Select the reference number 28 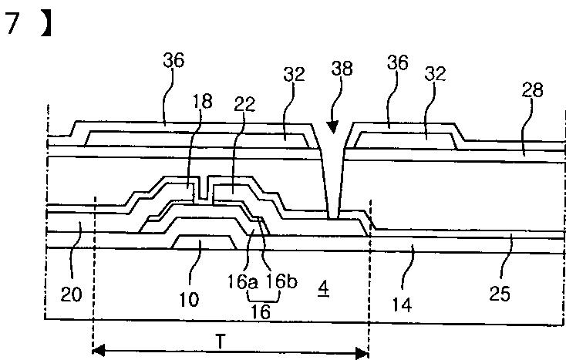(533, 89)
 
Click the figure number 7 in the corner (12, 25)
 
